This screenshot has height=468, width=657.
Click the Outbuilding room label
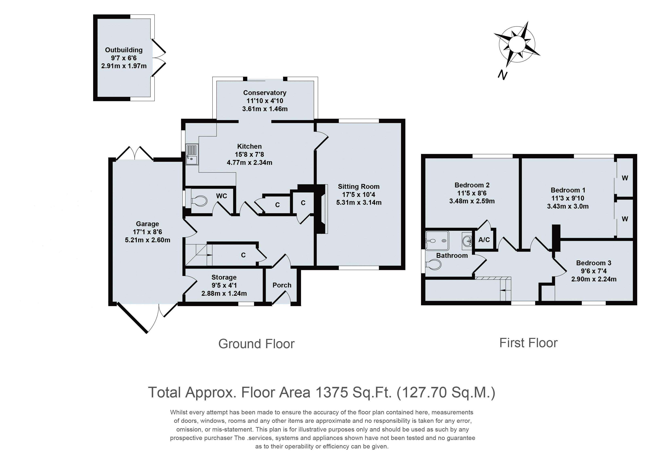[x=124, y=50]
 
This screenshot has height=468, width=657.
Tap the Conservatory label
[x=265, y=93]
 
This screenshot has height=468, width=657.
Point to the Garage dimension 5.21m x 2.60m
[x=147, y=240]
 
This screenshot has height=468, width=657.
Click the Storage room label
[x=224, y=277]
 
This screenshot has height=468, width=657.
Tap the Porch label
[x=282, y=285]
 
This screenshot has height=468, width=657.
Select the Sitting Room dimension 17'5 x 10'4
[x=359, y=194]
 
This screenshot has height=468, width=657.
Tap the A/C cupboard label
[x=484, y=239]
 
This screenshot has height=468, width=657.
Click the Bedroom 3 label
[x=594, y=263]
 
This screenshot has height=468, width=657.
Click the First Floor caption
[x=528, y=343]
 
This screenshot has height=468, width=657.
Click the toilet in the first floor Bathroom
[x=434, y=264]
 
